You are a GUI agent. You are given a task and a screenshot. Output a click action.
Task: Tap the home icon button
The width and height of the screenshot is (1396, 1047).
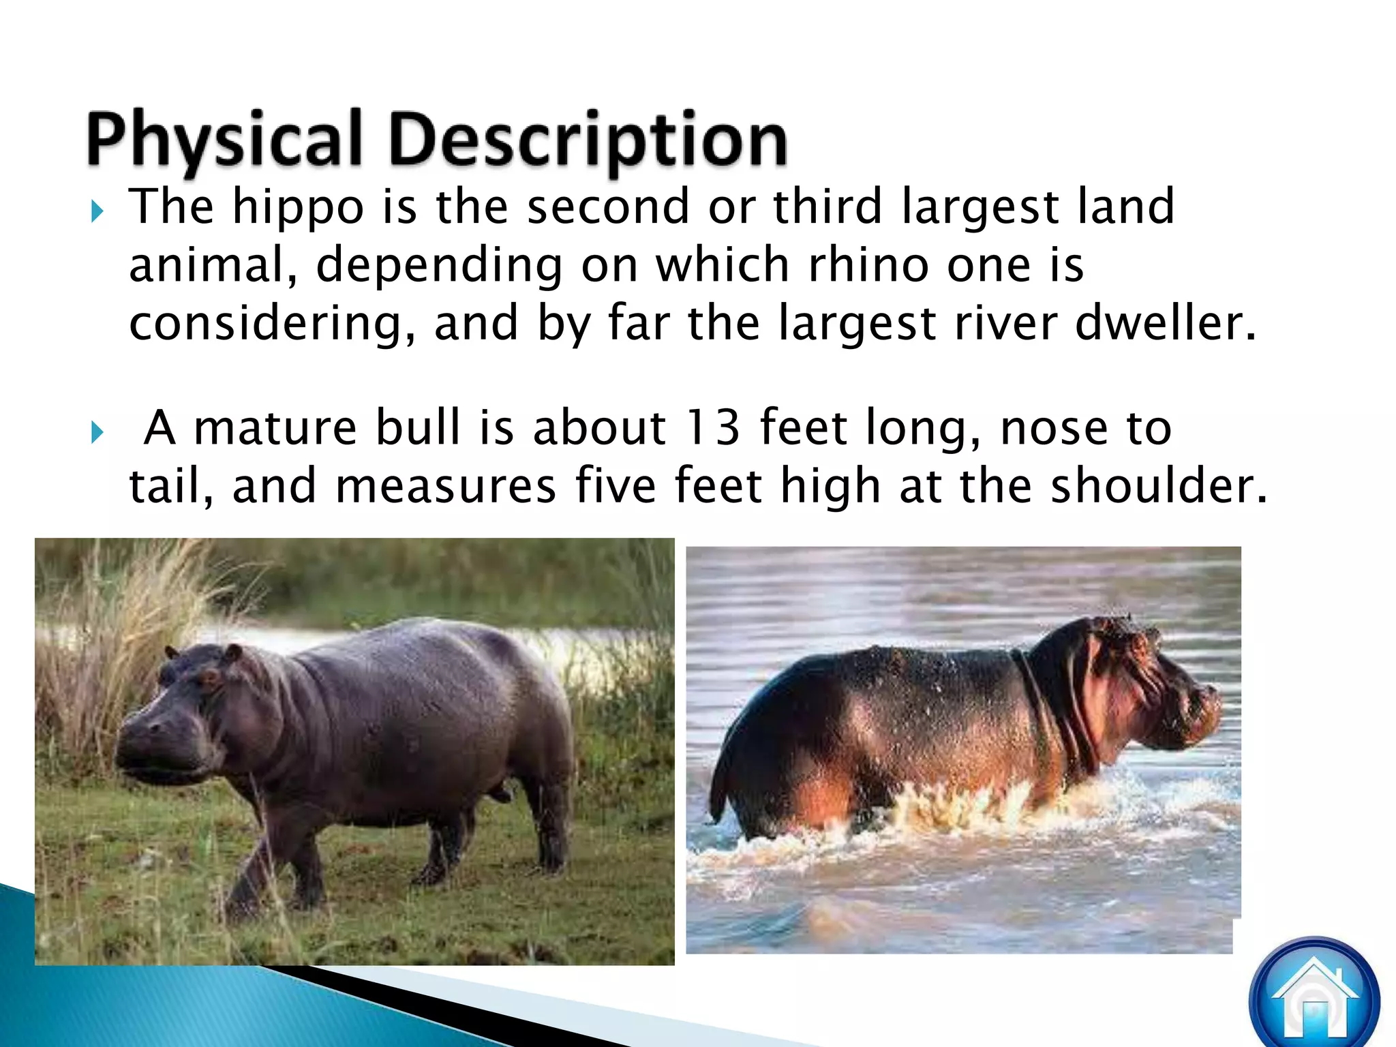pyautogui.click(x=1314, y=1000)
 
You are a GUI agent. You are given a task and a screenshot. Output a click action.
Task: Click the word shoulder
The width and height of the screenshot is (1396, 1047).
pyautogui.click(x=1158, y=486)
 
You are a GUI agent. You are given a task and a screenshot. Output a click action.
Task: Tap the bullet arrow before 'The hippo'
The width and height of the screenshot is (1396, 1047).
pyautogui.click(x=97, y=212)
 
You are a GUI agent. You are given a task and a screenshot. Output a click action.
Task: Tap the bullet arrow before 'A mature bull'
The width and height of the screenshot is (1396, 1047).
pyautogui.click(x=97, y=432)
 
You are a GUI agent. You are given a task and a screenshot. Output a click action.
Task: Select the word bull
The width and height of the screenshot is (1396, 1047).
pyautogui.click(x=418, y=427)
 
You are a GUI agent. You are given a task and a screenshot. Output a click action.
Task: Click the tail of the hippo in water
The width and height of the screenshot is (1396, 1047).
pyautogui.click(x=717, y=791)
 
